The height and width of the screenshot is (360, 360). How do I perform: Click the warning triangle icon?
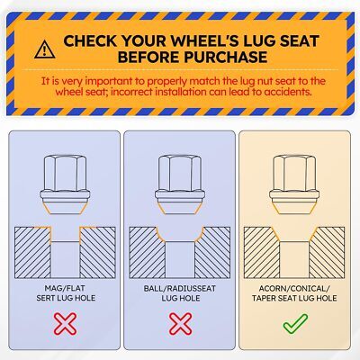(x=45, y=49)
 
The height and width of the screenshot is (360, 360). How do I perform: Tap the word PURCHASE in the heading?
(x=226, y=57)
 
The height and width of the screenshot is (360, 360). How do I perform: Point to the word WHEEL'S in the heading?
(x=204, y=41)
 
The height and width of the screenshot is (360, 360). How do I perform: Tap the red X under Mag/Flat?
(x=65, y=324)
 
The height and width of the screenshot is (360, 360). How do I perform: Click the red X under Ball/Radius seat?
(x=180, y=324)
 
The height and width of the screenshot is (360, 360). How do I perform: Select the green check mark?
(x=295, y=324)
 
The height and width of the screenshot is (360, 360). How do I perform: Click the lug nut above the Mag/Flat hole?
(x=65, y=184)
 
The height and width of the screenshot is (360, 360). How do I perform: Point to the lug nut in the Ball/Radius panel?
(x=180, y=184)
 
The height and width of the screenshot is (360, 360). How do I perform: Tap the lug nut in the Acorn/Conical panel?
(x=294, y=184)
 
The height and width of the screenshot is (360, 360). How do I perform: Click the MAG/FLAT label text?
(x=65, y=288)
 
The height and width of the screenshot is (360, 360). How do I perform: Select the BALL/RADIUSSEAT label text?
(x=180, y=289)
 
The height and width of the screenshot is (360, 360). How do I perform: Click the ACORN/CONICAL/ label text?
(x=294, y=289)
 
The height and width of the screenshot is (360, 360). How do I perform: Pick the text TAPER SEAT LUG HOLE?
(x=294, y=298)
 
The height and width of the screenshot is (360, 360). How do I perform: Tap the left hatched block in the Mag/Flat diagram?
(x=32, y=252)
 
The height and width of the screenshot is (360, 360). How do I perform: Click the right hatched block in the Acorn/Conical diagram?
(x=328, y=252)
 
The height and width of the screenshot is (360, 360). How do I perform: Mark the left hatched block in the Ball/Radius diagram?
(x=147, y=252)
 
